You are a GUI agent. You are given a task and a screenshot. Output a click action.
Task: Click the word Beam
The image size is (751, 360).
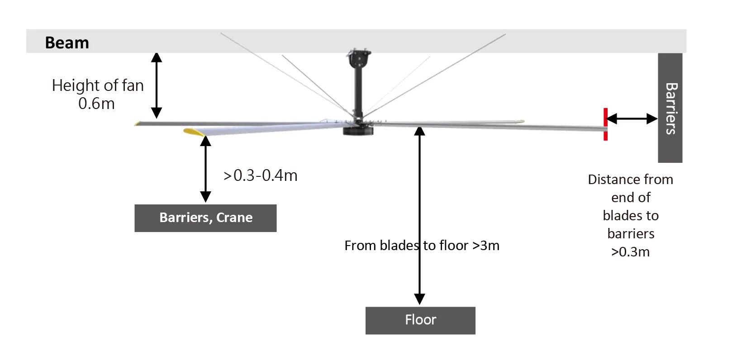coord(67,43)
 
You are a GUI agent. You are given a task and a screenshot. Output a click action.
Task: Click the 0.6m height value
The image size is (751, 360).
coord(96,104)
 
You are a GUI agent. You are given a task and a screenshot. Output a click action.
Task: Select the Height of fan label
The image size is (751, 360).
coord(98,85)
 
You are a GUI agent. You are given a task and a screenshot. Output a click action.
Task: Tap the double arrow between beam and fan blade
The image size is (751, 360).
coord(157,85)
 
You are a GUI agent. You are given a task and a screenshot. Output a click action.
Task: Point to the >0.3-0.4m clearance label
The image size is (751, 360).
coord(261,175)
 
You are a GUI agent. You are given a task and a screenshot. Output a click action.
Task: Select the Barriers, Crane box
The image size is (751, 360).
coord(205,218)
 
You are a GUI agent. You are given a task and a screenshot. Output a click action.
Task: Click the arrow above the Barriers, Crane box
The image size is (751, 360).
coord(205,168)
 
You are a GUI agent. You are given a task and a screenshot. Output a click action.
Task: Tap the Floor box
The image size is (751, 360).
coord(420,320)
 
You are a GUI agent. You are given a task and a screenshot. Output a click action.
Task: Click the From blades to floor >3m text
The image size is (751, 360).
coord(422,246)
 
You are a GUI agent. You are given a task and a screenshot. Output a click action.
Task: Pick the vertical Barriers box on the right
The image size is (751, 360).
coord(670,108)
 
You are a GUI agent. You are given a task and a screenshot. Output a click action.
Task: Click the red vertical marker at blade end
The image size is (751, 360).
coord(605,124)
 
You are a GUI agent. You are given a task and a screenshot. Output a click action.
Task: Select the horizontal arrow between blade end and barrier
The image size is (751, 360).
coord(631,119)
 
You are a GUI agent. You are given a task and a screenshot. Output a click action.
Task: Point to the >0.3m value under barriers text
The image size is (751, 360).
coord(630,252)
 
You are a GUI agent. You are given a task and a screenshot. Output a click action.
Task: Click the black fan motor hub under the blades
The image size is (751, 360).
coord(358,131)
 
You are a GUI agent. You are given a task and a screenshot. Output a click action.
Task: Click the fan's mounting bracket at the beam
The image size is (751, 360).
coord(358,57)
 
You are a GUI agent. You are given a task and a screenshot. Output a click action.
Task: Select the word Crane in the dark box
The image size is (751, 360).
coord(234,218)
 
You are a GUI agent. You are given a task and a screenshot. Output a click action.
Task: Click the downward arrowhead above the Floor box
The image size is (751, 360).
coord(420,299)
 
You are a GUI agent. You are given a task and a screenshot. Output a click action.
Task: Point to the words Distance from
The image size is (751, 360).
coord(630,180)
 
